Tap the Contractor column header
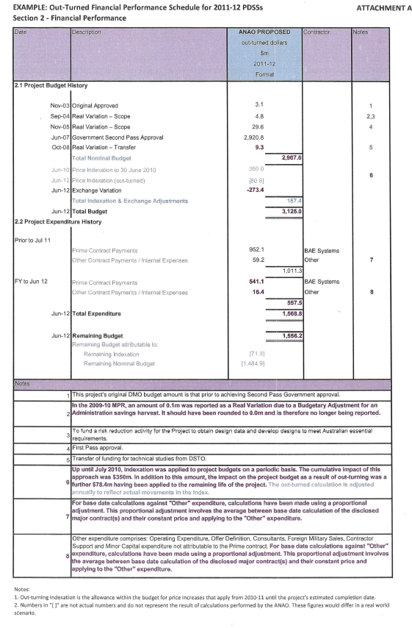point(317,33)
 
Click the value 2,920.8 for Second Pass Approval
point(253,137)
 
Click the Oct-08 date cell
point(57,147)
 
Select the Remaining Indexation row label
point(112,354)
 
